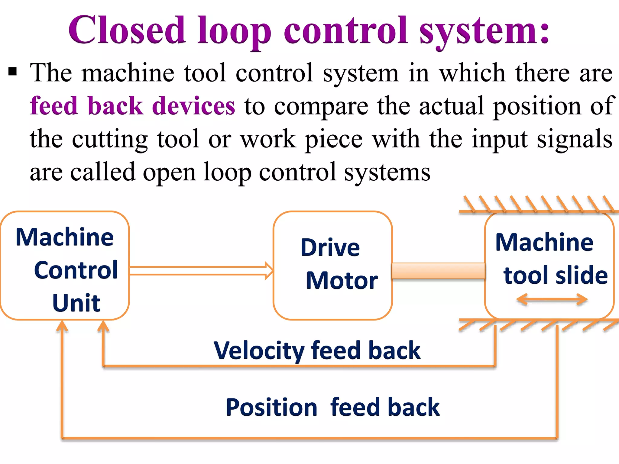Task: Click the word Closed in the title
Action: [x=127, y=30]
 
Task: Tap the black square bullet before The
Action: [x=12, y=72]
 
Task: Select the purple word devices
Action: [x=193, y=106]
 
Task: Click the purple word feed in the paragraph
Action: [x=54, y=106]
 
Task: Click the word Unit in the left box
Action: [x=76, y=303]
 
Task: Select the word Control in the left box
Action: [x=76, y=270]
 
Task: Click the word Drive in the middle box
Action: [x=330, y=247]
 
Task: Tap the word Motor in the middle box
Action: [x=342, y=280]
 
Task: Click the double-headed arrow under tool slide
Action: [x=552, y=300]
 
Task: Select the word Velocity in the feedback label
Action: [x=258, y=350]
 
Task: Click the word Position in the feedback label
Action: [x=271, y=407]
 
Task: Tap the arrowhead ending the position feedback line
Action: [x=62, y=326]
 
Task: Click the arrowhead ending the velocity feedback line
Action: [x=103, y=326]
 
